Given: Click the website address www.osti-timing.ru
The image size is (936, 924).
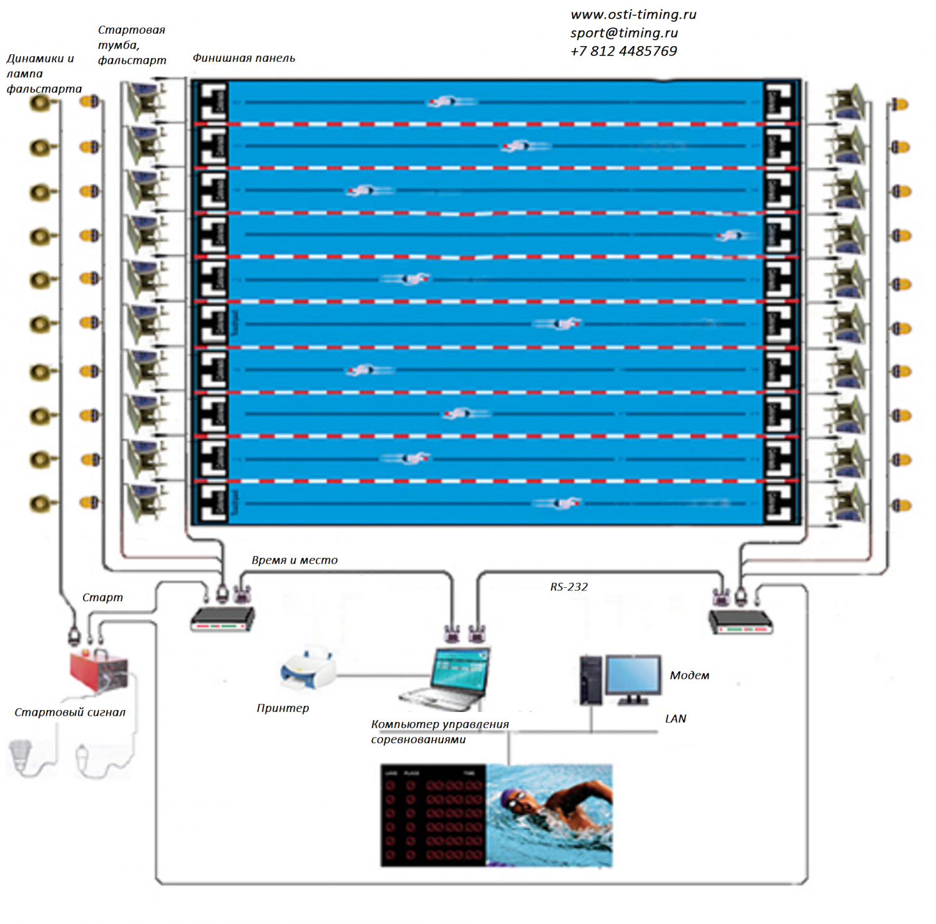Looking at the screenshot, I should coord(633,14).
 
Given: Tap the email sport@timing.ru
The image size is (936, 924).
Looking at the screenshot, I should coord(623,33).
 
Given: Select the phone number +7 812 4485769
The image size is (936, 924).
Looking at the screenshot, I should coord(623,51).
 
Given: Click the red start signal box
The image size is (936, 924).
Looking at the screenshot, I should coord(99,670).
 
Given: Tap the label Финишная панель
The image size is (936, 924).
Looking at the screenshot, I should coord(243,58).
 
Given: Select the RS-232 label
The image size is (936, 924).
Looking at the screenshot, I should coord(568,587).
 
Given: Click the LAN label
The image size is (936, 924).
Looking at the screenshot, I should coord(675,719).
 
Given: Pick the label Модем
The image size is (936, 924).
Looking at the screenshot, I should coord(689,675).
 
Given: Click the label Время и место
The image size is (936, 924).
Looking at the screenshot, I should coord(295,560).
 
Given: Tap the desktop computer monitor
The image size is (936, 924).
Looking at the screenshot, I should coord(633,676).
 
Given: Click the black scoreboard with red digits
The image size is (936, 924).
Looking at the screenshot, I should coord(434,815).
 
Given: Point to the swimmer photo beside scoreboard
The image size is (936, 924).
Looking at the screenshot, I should coord(549,815).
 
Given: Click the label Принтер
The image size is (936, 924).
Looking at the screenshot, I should coord(283,708).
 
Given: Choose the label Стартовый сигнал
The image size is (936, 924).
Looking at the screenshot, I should coord(70,712).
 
